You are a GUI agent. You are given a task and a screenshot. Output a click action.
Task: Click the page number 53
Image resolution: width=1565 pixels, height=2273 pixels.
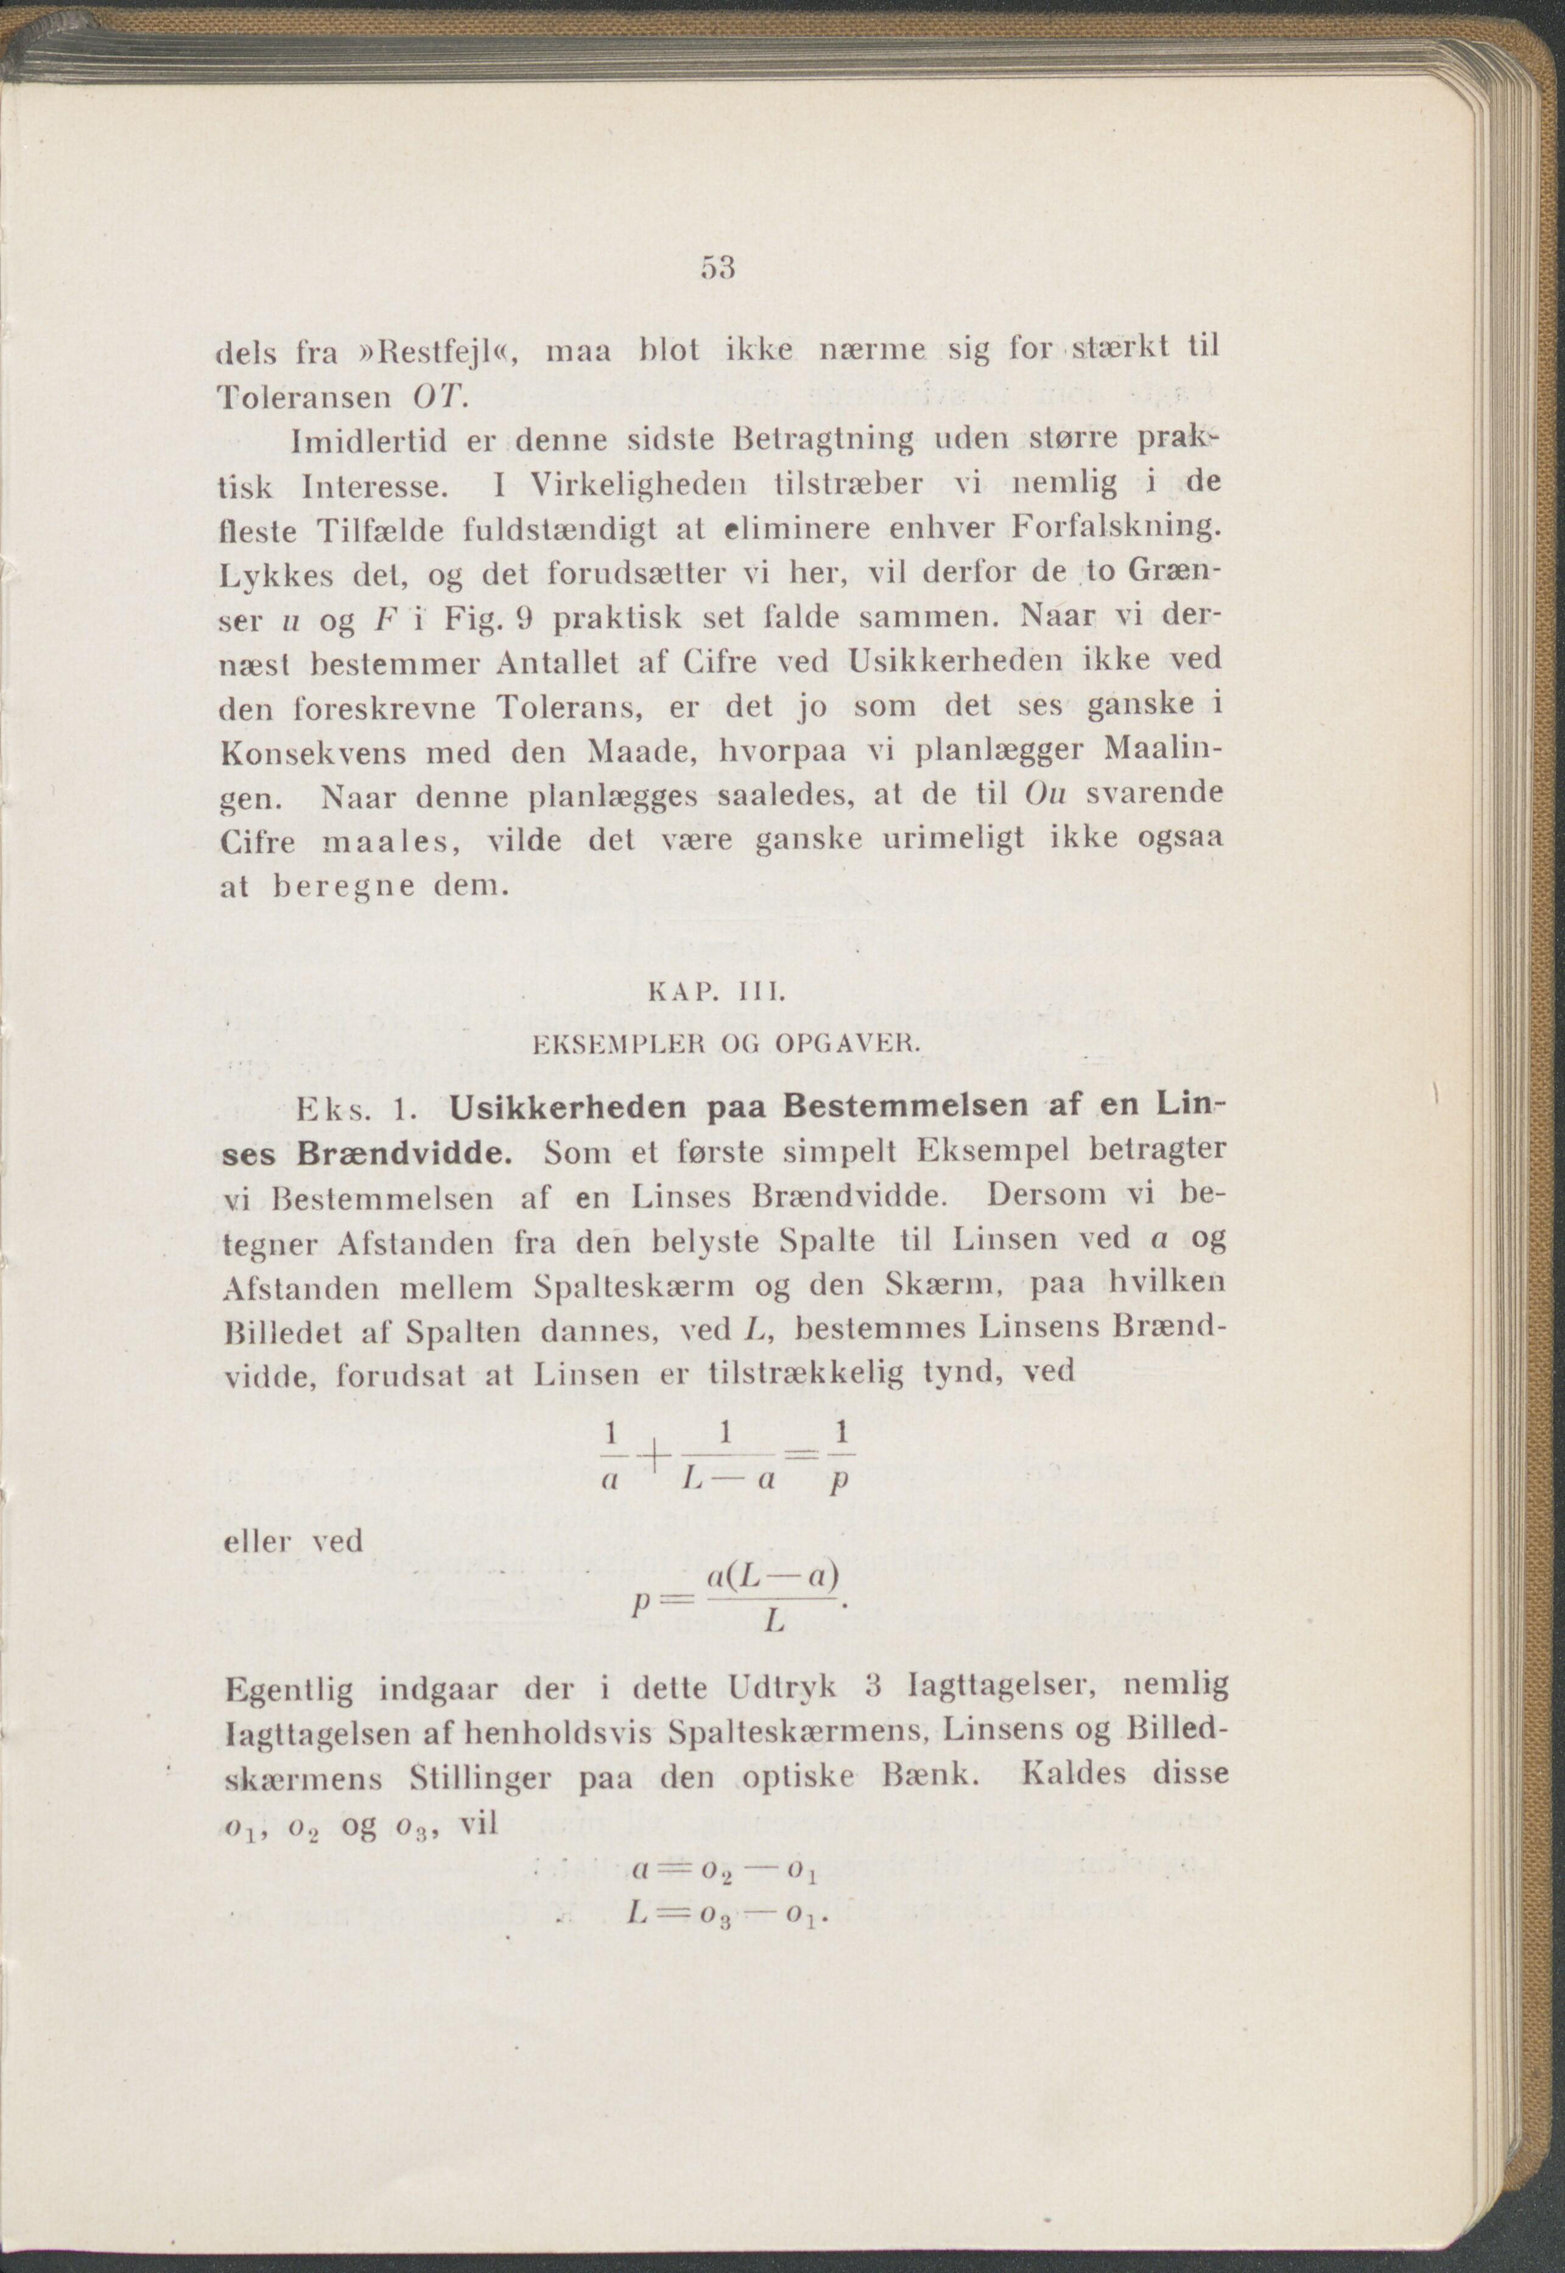(x=718, y=267)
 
